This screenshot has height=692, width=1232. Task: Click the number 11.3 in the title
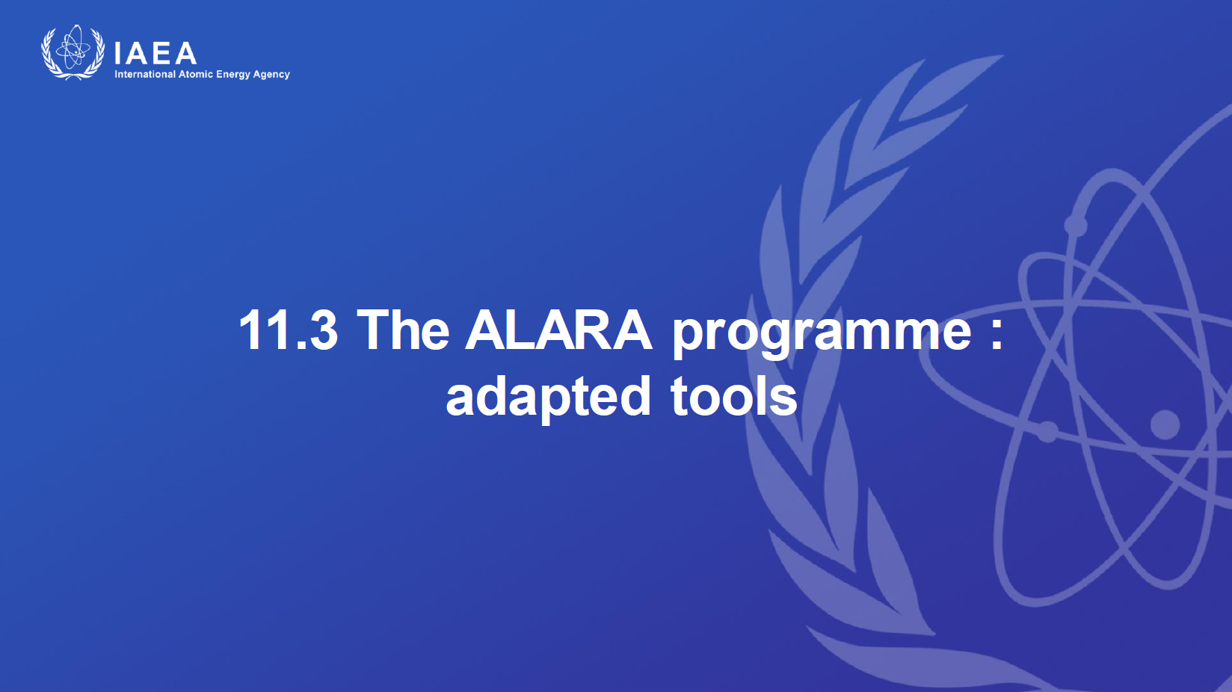289,330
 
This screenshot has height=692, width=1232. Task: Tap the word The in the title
403,330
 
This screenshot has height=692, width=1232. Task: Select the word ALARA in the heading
558,330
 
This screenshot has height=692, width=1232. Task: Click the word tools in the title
734,395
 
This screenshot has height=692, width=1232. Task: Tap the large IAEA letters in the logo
155,53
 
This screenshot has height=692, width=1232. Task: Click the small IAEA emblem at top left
73,52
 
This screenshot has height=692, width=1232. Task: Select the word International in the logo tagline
145,74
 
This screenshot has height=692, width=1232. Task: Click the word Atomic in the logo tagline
196,74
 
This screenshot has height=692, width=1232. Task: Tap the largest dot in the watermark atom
1165,424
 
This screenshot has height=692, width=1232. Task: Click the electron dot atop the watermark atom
1076,225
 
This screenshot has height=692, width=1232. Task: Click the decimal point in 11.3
301,345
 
